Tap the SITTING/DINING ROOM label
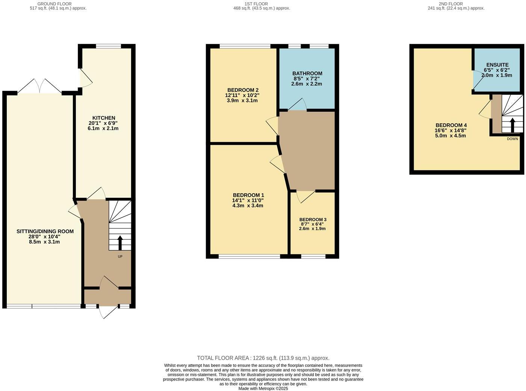pyautogui.click(x=45, y=231)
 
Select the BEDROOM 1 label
pyautogui.click(x=248, y=195)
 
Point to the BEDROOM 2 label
pyautogui.click(x=243, y=90)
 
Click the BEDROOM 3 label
pyautogui.click(x=313, y=220)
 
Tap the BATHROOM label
pyautogui.click(x=307, y=73)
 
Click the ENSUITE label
pyautogui.click(x=497, y=65)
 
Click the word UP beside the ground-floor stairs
pyautogui.click(x=120, y=257)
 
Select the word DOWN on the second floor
pyautogui.click(x=512, y=139)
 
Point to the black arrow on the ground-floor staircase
pyautogui.click(x=120, y=243)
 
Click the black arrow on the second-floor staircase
pyautogui.click(x=512, y=125)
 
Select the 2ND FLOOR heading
pyautogui.click(x=456, y=4)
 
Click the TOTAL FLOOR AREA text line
pyautogui.click(x=263, y=358)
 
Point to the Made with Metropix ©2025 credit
pyautogui.click(x=263, y=389)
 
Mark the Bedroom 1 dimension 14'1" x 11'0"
pyautogui.click(x=248, y=200)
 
